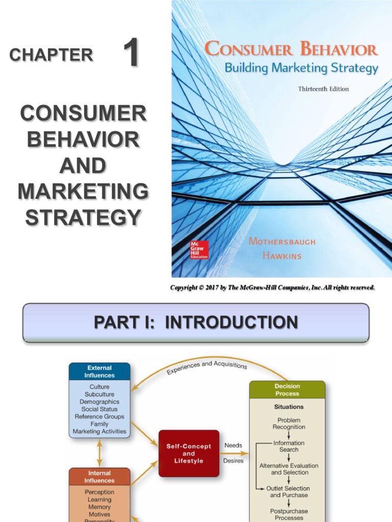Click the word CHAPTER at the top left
[x=51, y=55]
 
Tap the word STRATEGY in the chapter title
[x=83, y=218]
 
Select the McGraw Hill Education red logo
[x=197, y=250]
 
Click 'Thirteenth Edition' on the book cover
[x=323, y=89]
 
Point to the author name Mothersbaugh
[x=289, y=241]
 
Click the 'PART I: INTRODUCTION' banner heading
[x=196, y=322]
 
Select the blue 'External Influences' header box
[x=100, y=371]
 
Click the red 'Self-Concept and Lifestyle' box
[x=189, y=453]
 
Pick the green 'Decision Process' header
[x=287, y=390]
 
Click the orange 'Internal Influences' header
[x=100, y=476]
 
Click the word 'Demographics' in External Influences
[x=100, y=402]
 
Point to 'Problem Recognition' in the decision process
[x=288, y=423]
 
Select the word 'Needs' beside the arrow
[x=233, y=445]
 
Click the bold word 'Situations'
[x=288, y=407]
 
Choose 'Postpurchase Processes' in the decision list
[x=288, y=514]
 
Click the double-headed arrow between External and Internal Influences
[x=100, y=452]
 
